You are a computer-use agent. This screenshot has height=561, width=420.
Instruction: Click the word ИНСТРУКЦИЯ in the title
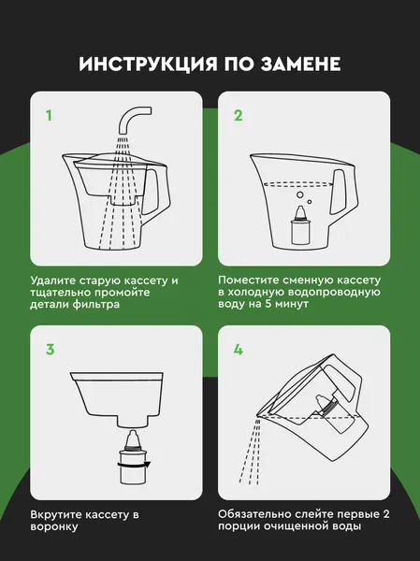pyautogui.click(x=148, y=64)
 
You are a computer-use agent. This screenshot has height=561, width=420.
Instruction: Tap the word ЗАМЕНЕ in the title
pyautogui.click(x=300, y=64)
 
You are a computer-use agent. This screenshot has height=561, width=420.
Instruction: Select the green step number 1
pyautogui.click(x=50, y=116)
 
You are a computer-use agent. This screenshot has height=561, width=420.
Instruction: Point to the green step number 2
pyautogui.click(x=239, y=115)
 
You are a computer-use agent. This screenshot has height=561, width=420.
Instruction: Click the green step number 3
pyautogui.click(x=51, y=350)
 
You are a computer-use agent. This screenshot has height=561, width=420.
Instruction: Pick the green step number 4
pyautogui.click(x=239, y=349)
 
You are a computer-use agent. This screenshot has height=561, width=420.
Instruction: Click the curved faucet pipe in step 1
pyautogui.click(x=133, y=119)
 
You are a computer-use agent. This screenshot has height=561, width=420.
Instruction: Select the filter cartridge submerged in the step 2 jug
pyautogui.click(x=301, y=226)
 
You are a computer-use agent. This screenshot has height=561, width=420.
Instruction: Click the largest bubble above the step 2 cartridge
pyautogui.click(x=300, y=195)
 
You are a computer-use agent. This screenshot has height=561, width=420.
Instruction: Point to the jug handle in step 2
pyautogui.click(x=342, y=194)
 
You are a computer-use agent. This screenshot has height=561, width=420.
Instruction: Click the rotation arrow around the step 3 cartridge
pyautogui.click(x=134, y=465)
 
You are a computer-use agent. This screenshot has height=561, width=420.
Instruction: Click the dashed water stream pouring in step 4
pyautogui.click(x=251, y=452)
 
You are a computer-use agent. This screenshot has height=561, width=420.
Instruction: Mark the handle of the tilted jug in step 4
pyautogui.click(x=343, y=382)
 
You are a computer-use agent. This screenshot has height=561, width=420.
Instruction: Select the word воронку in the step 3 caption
pyautogui.click(x=54, y=527)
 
